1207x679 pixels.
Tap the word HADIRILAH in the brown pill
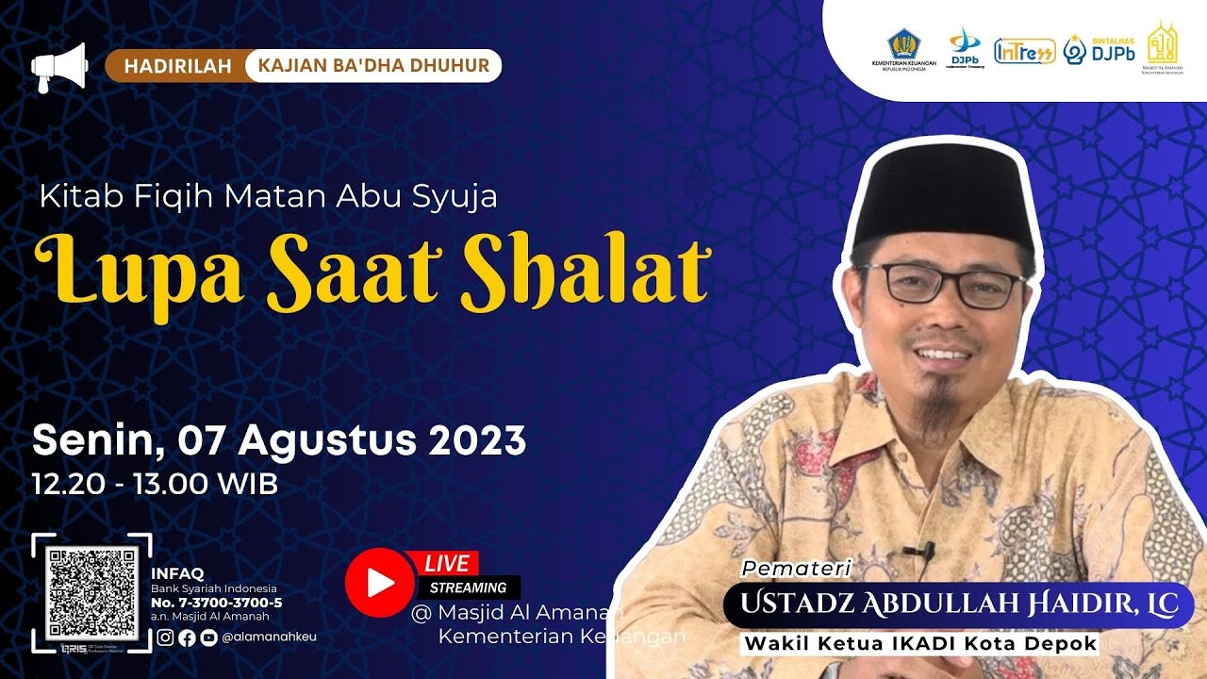tap(175, 66)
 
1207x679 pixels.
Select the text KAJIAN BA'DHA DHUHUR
tap(372, 66)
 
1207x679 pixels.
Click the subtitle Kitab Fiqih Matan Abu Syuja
tap(268, 197)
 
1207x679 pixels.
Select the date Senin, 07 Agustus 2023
tap(279, 439)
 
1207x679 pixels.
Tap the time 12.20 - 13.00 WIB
tap(156, 485)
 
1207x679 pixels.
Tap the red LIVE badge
tap(447, 564)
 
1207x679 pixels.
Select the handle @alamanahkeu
tap(270, 637)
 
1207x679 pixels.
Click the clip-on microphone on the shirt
tap(918, 550)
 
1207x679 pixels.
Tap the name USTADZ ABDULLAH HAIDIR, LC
tap(958, 604)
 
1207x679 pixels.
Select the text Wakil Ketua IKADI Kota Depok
tap(922, 644)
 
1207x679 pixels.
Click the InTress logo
tap(1024, 51)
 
